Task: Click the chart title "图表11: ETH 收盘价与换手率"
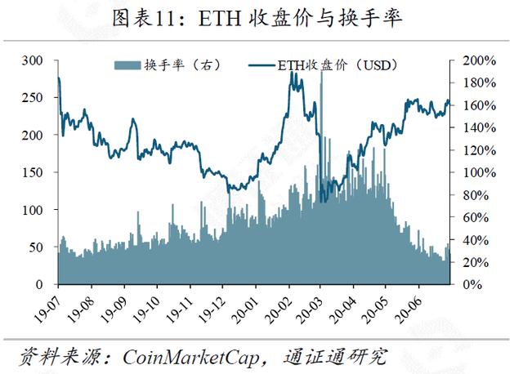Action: point(261,18)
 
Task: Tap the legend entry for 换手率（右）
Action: point(167,65)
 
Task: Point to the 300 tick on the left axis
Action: point(33,60)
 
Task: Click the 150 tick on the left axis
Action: point(33,172)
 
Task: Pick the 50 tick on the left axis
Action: point(36,247)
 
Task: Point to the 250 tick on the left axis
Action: point(33,98)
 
